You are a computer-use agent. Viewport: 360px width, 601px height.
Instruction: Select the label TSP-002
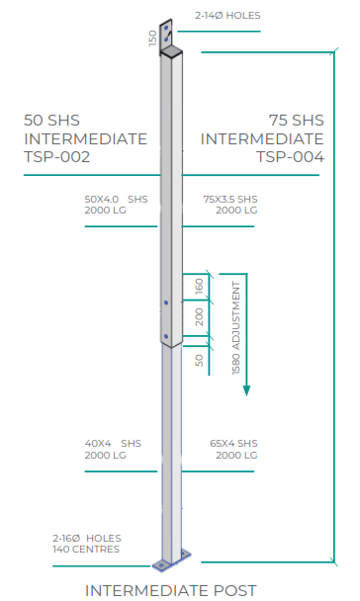57,156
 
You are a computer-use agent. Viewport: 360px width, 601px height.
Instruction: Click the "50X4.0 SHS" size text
117,199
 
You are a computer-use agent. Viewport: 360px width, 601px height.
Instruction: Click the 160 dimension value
199,287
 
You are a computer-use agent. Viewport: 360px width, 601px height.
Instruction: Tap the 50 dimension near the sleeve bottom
199,360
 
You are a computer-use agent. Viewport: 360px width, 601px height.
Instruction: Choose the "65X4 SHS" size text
233,444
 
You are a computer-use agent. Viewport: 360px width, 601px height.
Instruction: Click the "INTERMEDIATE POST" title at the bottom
171,590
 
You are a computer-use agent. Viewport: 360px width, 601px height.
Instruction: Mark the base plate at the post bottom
169,565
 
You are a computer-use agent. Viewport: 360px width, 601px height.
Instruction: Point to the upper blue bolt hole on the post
166,301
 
